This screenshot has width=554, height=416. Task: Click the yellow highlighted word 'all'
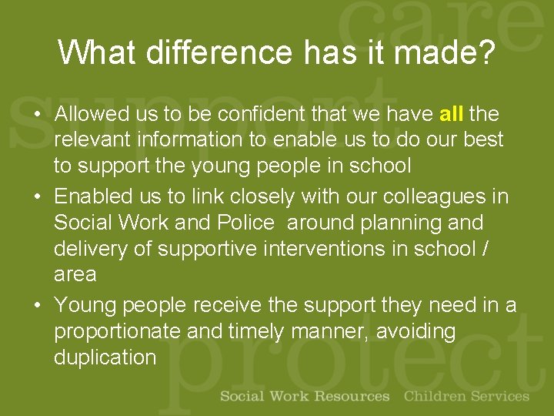[x=451, y=114]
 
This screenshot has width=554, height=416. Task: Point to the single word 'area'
[x=75, y=274]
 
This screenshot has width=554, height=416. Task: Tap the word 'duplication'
[x=105, y=357]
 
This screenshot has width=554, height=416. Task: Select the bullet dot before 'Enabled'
[x=37, y=198]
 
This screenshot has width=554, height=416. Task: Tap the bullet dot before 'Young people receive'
[x=37, y=307]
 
